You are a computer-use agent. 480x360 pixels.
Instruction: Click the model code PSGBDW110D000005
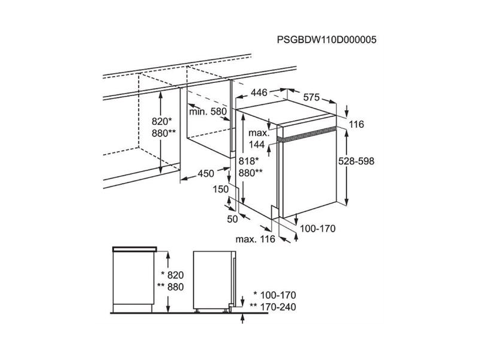pyautogui.click(x=326, y=41)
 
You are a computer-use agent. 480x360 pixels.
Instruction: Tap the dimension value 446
pyautogui.click(x=259, y=93)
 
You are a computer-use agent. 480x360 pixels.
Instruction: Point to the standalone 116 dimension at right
pyautogui.click(x=356, y=124)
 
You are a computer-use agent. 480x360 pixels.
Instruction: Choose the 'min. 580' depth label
pyautogui.click(x=208, y=112)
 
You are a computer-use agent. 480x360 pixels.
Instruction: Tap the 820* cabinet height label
pyautogui.click(x=161, y=121)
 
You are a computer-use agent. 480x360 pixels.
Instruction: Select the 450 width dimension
pyautogui.click(x=206, y=174)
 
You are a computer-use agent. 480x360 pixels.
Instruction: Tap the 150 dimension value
pyautogui.click(x=221, y=190)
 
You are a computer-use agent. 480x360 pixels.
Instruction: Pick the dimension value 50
pyautogui.click(x=233, y=220)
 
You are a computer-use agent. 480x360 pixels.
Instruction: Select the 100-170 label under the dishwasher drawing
pyautogui.click(x=317, y=229)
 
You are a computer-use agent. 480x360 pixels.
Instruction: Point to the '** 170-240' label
pyautogui.click(x=273, y=307)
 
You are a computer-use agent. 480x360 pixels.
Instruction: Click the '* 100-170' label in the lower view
pyautogui.click(x=275, y=295)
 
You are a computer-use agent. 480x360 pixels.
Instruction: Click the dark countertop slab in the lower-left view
pyautogui.click(x=135, y=248)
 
